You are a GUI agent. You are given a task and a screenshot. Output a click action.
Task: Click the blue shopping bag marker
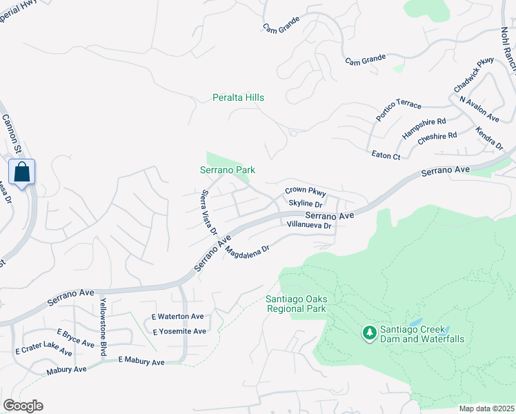point(21,172)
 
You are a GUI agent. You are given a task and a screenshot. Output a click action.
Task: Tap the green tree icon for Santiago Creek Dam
point(370,333)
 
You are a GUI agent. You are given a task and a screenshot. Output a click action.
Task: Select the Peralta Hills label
point(238,98)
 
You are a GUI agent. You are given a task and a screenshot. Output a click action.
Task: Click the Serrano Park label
point(228,170)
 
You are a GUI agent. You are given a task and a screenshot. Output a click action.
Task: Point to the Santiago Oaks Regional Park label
point(296,304)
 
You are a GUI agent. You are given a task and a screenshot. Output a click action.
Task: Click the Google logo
point(23,406)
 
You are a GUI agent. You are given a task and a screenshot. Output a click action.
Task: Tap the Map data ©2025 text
point(486,408)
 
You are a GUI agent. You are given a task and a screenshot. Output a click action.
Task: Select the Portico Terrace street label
point(398,110)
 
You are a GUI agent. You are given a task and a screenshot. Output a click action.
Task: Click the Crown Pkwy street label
point(305,191)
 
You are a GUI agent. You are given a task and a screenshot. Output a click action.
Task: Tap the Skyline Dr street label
point(306,204)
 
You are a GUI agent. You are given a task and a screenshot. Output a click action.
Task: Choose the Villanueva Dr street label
point(309,225)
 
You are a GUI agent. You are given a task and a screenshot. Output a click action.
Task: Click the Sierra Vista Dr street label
point(209,213)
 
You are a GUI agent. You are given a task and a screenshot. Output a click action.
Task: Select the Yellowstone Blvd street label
point(103,329)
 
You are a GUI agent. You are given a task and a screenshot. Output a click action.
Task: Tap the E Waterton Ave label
point(178,317)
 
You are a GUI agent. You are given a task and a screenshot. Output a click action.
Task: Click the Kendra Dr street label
point(490,138)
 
